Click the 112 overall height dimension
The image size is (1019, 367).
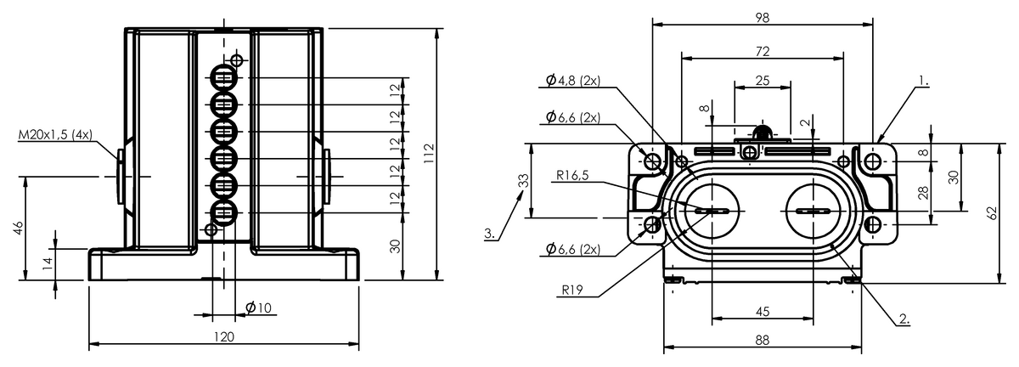click(x=430, y=152)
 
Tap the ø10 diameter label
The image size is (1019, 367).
click(x=257, y=308)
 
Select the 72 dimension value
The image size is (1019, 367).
click(x=762, y=52)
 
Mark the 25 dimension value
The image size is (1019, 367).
click(x=762, y=81)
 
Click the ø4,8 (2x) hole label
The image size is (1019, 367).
click(x=573, y=81)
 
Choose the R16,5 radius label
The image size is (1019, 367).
click(x=574, y=176)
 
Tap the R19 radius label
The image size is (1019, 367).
click(x=571, y=289)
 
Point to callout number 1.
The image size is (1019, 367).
click(x=923, y=84)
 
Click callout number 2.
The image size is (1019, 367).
click(x=904, y=319)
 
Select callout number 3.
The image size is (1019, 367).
click(x=490, y=232)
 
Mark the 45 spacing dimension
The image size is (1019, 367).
click(x=762, y=311)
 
